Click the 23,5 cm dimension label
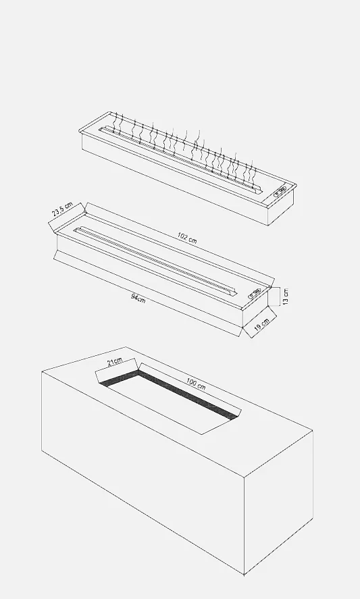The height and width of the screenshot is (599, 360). (62, 210)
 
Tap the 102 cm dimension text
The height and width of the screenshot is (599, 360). (187, 238)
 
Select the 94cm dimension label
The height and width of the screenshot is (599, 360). (138, 298)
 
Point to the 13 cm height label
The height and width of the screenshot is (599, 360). (286, 296)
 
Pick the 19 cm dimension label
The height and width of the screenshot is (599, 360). (262, 323)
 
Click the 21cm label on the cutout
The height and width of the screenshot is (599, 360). (115, 361)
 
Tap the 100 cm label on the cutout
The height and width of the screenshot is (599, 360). (196, 384)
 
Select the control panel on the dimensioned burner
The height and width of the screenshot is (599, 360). (255, 294)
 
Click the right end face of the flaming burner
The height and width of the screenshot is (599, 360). (282, 207)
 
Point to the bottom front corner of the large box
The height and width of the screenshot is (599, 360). (245, 574)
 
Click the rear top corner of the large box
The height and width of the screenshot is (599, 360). (126, 347)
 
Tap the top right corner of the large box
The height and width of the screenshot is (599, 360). (313, 431)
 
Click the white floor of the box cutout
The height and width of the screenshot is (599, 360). (173, 405)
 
